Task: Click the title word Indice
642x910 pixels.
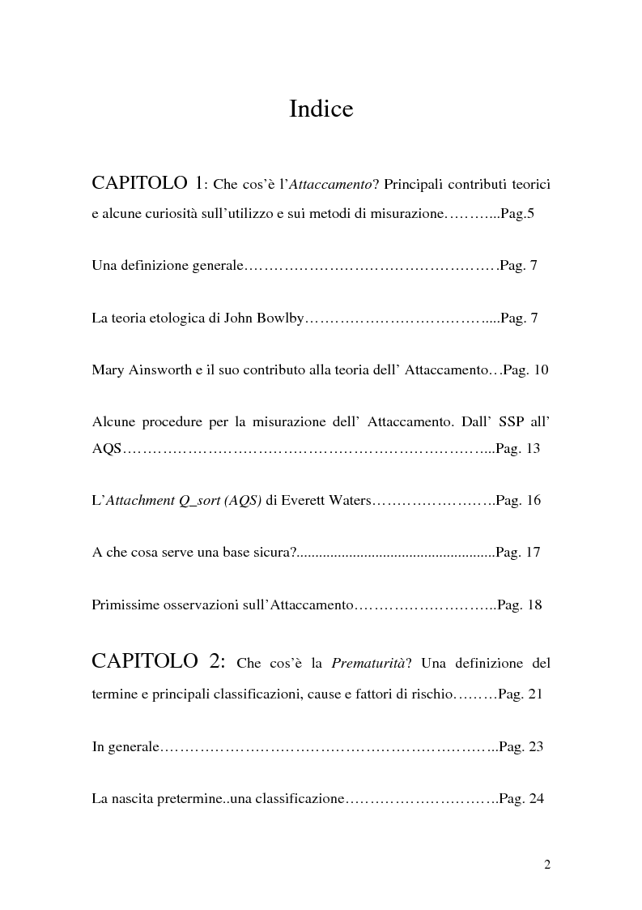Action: point(321,109)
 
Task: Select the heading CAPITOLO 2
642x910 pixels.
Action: point(159,661)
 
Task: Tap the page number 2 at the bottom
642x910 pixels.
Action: point(547,865)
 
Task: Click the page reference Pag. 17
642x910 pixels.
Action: point(518,553)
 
